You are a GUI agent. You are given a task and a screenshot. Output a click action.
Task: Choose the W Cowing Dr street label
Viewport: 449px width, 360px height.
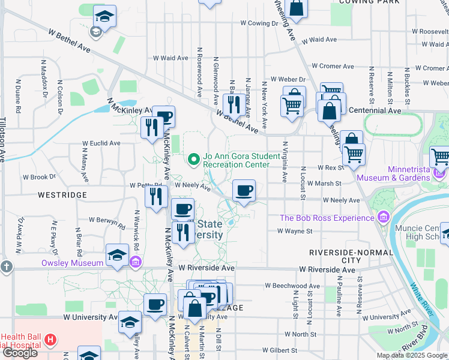point(260,23)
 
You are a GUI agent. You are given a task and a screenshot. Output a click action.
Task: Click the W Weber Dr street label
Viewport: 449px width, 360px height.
point(288,79)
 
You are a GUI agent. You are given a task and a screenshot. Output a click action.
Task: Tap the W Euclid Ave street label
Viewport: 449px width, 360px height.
point(101,143)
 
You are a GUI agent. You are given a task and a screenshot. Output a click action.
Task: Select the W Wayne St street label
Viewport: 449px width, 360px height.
point(295,231)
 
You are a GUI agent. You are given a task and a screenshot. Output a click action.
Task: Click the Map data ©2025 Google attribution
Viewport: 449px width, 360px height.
point(412,355)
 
